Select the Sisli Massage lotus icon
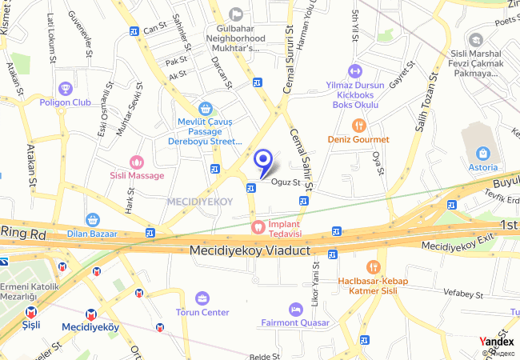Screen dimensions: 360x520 [x=136, y=162]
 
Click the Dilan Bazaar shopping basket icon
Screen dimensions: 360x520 [x=92, y=219]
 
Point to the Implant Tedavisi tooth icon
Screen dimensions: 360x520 [x=258, y=226]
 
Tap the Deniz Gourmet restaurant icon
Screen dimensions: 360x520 [x=358, y=125]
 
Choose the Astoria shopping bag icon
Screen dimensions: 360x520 [x=483, y=154]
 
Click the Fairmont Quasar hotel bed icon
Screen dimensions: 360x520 [x=295, y=309]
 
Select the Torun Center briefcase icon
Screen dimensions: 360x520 [x=202, y=298]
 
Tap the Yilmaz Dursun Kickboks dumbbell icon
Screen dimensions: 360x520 [x=356, y=70]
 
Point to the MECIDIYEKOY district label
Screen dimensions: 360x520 [x=200, y=202]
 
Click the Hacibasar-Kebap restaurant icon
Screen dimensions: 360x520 [x=373, y=267]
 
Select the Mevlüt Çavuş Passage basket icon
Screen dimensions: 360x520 [x=206, y=108]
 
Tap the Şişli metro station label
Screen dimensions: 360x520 [x=31, y=326]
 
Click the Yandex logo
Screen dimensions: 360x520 [x=497, y=342]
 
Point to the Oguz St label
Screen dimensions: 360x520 [x=286, y=182]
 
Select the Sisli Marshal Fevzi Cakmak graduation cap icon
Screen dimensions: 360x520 [x=476, y=39]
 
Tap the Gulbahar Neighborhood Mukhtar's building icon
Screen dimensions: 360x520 [x=235, y=14]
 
